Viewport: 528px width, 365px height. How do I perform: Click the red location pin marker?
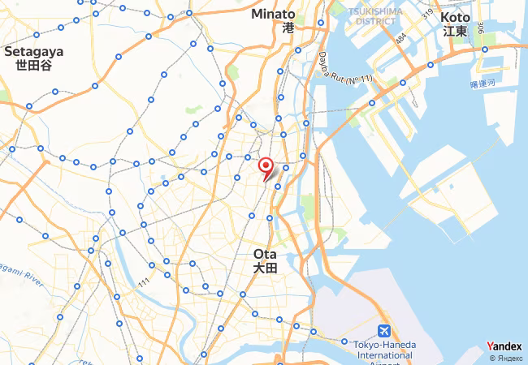[265, 167]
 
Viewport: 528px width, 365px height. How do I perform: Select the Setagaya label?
[34, 50]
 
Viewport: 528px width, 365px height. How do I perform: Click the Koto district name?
[456, 17]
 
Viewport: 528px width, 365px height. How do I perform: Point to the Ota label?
[265, 254]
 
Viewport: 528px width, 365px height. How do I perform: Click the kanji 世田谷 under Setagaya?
[34, 65]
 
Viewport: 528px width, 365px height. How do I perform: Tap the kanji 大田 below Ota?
[265, 268]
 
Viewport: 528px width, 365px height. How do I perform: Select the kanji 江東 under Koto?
[456, 32]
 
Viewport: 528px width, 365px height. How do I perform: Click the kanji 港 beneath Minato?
[288, 28]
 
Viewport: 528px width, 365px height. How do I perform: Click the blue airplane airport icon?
[383, 331]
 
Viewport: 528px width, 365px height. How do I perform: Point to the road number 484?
[400, 38]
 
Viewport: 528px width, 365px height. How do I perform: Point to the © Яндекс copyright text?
[505, 358]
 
